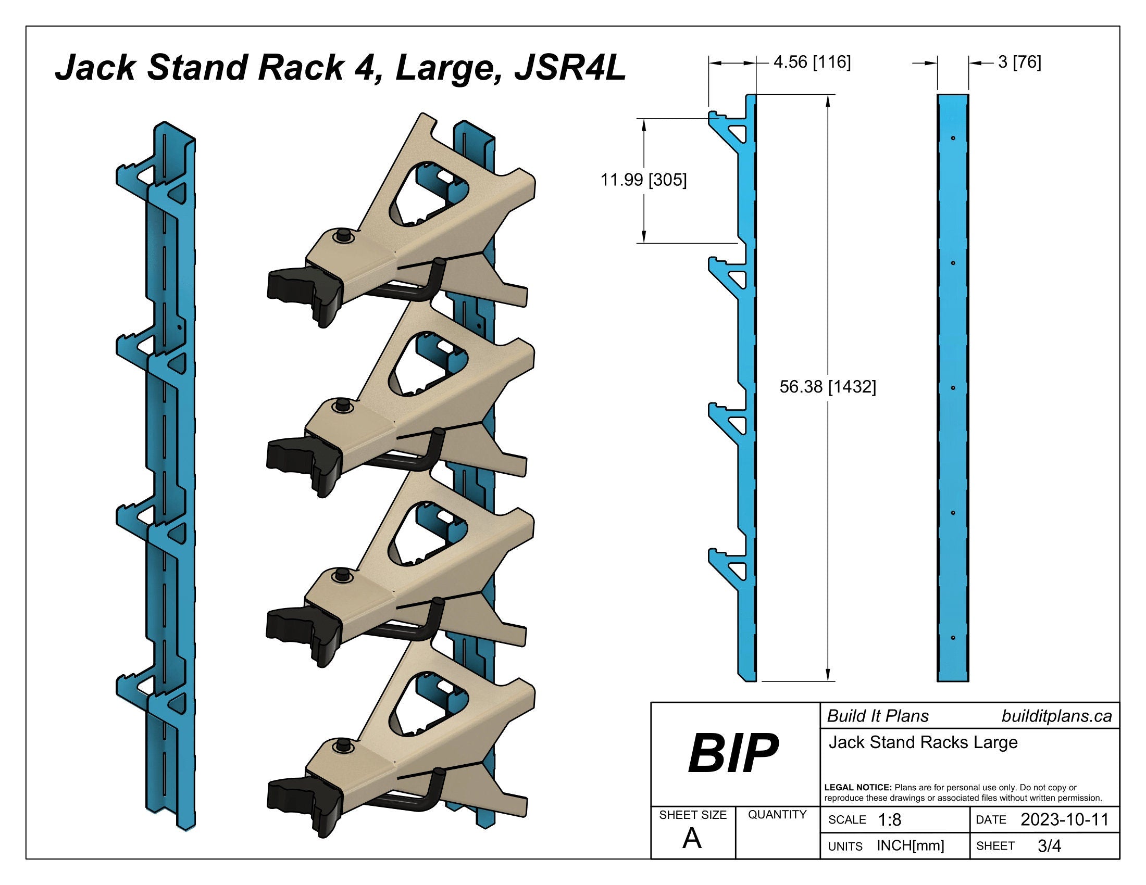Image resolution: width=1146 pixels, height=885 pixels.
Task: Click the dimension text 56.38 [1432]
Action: click(828, 387)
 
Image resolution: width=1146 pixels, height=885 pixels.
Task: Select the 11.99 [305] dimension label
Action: click(643, 180)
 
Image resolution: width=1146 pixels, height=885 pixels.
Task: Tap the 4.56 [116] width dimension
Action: click(812, 62)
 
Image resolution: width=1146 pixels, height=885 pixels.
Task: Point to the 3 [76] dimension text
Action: click(1019, 62)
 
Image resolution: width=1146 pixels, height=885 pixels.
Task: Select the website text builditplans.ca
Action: click(1056, 716)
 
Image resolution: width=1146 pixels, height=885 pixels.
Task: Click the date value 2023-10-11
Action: click(1064, 819)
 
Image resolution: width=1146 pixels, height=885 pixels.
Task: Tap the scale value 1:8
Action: click(889, 820)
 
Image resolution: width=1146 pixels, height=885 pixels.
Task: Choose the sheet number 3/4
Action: click(1049, 846)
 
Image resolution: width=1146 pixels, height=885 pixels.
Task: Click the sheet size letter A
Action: click(692, 839)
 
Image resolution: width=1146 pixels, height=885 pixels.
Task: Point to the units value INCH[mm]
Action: click(911, 845)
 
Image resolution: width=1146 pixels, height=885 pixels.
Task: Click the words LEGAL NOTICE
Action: click(858, 788)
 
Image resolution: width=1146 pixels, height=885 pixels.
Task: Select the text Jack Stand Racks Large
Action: click(923, 742)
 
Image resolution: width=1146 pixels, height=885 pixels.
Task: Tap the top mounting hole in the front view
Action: click(953, 138)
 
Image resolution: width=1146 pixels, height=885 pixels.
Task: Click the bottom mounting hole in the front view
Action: click(953, 638)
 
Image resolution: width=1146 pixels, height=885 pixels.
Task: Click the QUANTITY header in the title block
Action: click(777, 814)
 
